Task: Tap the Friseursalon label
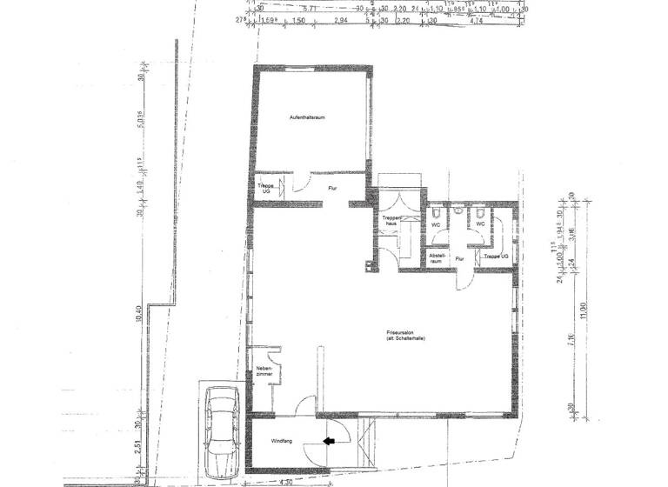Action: pos(403,336)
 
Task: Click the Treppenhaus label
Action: pos(391,221)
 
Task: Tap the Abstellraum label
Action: pos(436,258)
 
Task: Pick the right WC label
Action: pos(479,223)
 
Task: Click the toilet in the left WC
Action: pos(435,210)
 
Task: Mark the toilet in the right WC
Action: pos(478,210)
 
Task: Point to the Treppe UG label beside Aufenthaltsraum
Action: pos(264,188)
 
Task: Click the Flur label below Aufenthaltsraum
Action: pos(331,188)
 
